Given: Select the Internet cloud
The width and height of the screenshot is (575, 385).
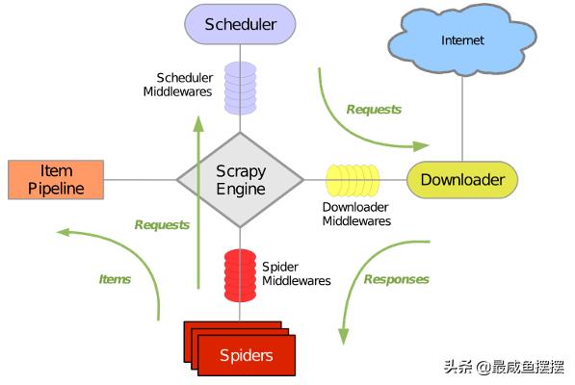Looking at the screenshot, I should [462, 40].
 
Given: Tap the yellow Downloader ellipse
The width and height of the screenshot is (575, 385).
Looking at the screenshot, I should [462, 179].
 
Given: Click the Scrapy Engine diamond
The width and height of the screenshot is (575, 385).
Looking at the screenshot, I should [240, 179].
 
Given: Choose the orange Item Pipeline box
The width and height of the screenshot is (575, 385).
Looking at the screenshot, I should [56, 179].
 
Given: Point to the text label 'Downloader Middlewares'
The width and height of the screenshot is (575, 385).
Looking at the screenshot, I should [355, 214].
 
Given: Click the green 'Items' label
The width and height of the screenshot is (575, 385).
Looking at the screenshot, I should [115, 279].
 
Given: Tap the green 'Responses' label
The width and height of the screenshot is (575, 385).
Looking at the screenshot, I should [396, 279].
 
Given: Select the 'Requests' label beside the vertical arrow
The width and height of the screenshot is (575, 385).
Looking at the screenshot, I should [162, 224].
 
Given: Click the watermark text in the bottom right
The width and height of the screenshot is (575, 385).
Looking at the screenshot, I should [503, 367].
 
